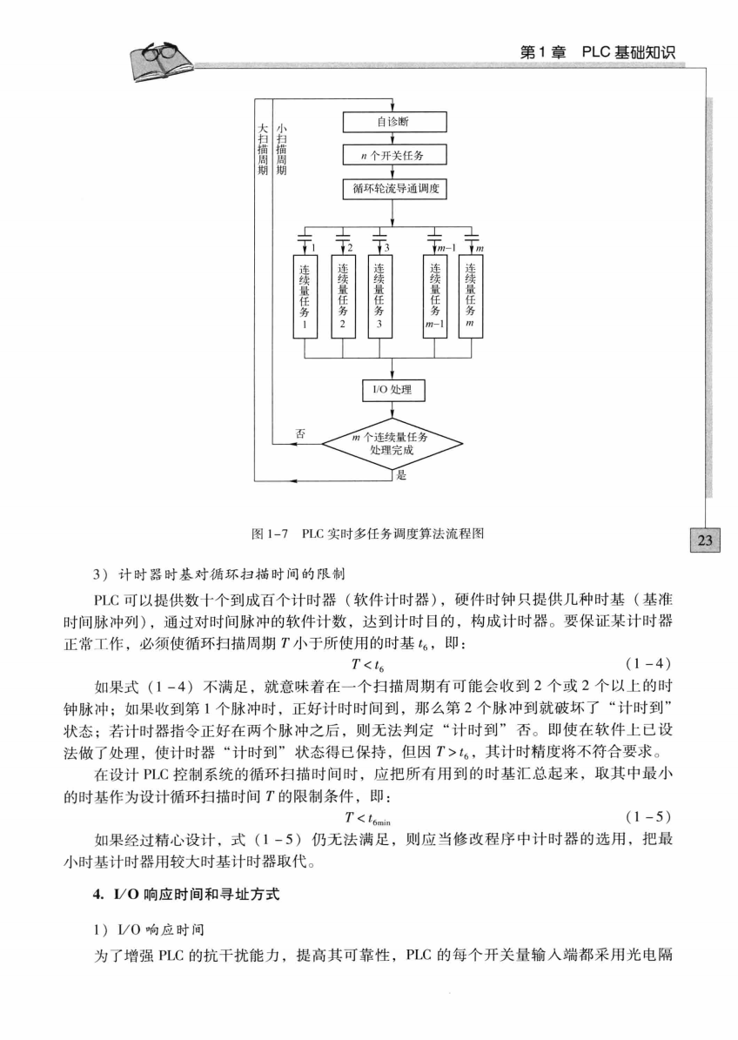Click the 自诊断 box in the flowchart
click(x=394, y=122)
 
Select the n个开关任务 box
click(x=394, y=155)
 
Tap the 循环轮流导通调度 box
click(x=394, y=188)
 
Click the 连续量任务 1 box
click(x=305, y=295)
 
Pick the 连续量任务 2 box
click(x=343, y=295)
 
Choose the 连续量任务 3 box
click(x=379, y=295)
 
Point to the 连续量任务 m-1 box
click(x=434, y=295)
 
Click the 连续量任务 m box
click(x=470, y=295)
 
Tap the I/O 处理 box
click(x=393, y=390)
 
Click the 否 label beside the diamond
click(x=300, y=433)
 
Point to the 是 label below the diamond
click(x=401, y=475)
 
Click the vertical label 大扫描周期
click(x=263, y=149)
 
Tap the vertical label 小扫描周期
click(x=280, y=149)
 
